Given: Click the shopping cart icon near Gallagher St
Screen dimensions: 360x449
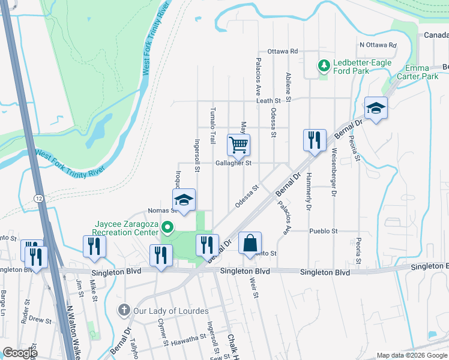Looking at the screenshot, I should [239, 144].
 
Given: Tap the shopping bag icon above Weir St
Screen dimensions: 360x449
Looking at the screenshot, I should [250, 243].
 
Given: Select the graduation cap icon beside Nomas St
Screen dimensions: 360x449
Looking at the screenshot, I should [184, 199].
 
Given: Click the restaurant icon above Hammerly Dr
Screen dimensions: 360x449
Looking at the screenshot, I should [314, 140].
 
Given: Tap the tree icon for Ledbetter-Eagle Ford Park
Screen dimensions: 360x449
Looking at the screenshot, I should [324, 64].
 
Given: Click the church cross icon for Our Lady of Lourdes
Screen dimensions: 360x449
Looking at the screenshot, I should [124, 310].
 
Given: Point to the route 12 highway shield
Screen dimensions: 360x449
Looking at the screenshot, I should [38, 198].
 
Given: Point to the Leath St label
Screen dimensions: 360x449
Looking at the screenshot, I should [269, 101].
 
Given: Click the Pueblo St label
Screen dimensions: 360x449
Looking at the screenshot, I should [324, 231].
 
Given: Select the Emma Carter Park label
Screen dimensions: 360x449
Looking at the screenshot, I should [417, 73].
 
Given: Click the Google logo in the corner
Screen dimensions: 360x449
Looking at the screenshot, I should [20, 353].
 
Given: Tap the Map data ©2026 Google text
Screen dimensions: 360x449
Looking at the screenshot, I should [411, 355].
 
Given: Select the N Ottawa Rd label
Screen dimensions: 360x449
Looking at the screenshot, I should [378, 45].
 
